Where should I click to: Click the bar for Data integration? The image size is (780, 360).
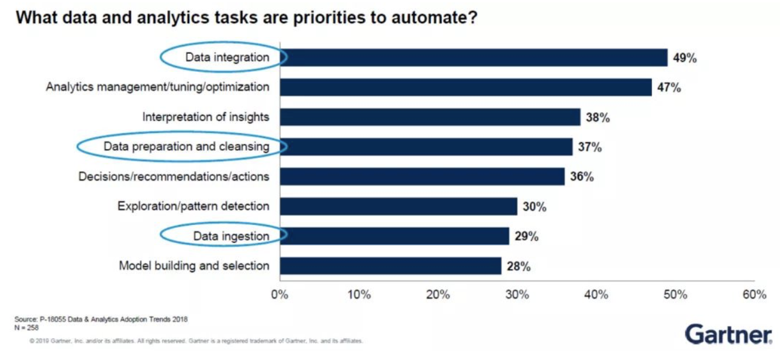pyautogui.click(x=474, y=57)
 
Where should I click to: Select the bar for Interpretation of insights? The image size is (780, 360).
pyautogui.click(x=430, y=117)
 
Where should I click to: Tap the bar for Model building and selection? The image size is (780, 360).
pyautogui.click(x=391, y=266)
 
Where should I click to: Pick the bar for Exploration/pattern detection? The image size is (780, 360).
pyautogui.click(x=398, y=206)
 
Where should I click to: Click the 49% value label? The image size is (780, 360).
pyautogui.click(x=685, y=58)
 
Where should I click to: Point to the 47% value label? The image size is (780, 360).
pyautogui.click(x=669, y=88)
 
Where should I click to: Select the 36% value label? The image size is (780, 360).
pyautogui.click(x=582, y=176)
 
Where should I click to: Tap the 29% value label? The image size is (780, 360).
pyautogui.click(x=527, y=236)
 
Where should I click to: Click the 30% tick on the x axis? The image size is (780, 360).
pyautogui.click(x=517, y=295)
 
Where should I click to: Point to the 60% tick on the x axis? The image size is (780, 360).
pyautogui.click(x=754, y=295)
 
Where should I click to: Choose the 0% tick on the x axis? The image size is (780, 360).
pyautogui.click(x=280, y=295)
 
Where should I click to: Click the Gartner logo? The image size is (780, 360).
pyautogui.click(x=728, y=335)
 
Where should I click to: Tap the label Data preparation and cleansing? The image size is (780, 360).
pyautogui.click(x=187, y=146)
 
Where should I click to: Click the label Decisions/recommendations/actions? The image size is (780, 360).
pyautogui.click(x=174, y=176)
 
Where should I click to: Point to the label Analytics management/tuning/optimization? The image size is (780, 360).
pyautogui.click(x=158, y=87)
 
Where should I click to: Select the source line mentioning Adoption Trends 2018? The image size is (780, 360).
pyautogui.click(x=101, y=320)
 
